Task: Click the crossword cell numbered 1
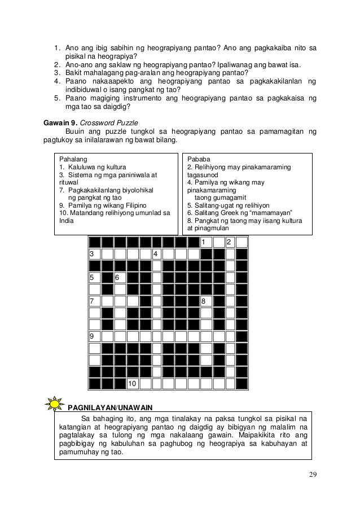tap(205, 243)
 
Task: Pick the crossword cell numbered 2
tap(230, 243)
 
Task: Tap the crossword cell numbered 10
tap(132, 384)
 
